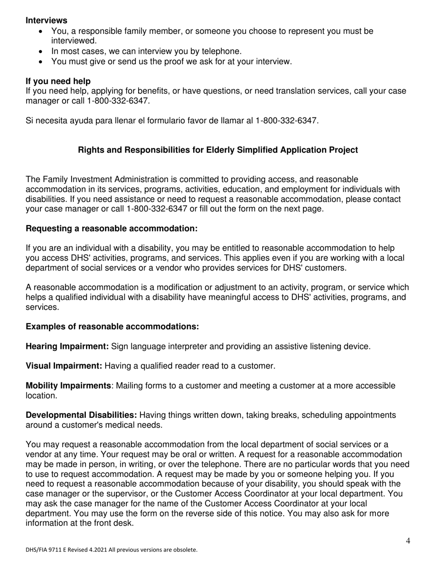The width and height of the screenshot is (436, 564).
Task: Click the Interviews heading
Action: point(46,21)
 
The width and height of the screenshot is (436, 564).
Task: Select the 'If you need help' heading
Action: point(58,81)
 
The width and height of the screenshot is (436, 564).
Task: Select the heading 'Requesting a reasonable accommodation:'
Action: point(112,228)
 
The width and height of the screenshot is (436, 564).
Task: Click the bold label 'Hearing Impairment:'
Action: point(67,346)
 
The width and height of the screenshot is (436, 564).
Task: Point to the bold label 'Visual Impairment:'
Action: point(64,366)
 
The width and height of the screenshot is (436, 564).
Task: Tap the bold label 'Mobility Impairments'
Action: point(68,386)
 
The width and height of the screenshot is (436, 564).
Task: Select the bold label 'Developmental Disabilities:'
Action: point(81,415)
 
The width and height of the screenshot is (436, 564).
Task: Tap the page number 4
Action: point(408,541)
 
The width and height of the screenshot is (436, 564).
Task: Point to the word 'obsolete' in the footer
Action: point(184,549)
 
